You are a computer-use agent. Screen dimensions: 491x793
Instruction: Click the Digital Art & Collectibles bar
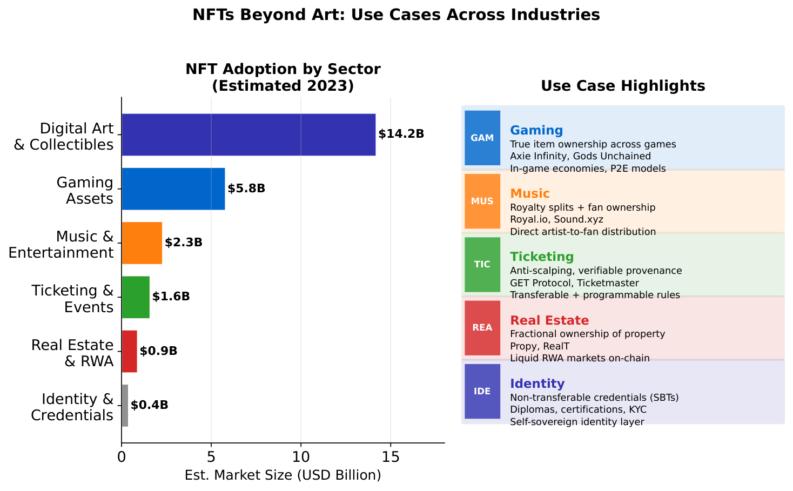pos(248,134)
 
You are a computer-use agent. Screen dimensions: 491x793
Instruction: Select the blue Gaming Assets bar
pos(173,189)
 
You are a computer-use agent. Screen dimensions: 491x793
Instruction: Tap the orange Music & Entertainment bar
pos(142,243)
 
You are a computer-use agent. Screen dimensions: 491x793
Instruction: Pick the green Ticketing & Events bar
pos(136,297)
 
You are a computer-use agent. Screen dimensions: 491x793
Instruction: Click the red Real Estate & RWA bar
pos(129,351)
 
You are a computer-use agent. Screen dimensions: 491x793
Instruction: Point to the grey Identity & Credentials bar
pos(125,405)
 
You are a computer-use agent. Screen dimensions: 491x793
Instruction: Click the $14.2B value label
pos(401,134)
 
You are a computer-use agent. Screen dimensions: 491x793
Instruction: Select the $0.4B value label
pos(149,405)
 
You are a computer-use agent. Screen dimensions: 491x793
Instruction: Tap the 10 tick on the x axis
pos(301,457)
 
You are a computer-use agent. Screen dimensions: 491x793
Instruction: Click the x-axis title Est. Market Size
pos(283,475)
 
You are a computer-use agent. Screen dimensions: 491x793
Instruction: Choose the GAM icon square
pos(482,138)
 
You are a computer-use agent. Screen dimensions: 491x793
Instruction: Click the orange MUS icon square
pos(482,201)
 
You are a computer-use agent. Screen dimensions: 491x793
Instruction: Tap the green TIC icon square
pos(482,264)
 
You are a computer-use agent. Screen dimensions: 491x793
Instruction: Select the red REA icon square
pos(482,327)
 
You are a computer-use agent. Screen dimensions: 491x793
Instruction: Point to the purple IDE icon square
pos(482,391)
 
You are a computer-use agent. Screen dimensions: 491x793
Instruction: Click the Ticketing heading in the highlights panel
pos(542,257)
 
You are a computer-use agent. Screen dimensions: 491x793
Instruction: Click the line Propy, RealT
pos(539,346)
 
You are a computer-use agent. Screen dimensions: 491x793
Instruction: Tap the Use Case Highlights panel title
pos(622,86)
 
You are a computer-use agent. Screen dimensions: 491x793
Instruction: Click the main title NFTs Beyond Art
pos(396,15)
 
